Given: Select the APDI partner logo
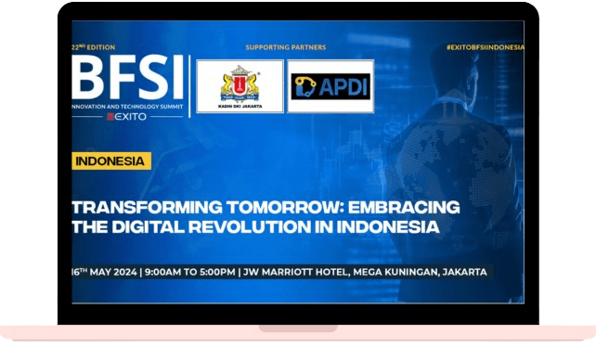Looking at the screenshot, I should (x=330, y=85).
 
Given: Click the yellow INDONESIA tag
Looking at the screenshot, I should (x=111, y=161).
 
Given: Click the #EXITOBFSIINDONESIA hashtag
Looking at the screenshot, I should (x=485, y=46).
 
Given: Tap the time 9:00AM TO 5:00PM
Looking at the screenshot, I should (x=189, y=272).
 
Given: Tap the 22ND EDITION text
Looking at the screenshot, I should (x=95, y=46).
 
